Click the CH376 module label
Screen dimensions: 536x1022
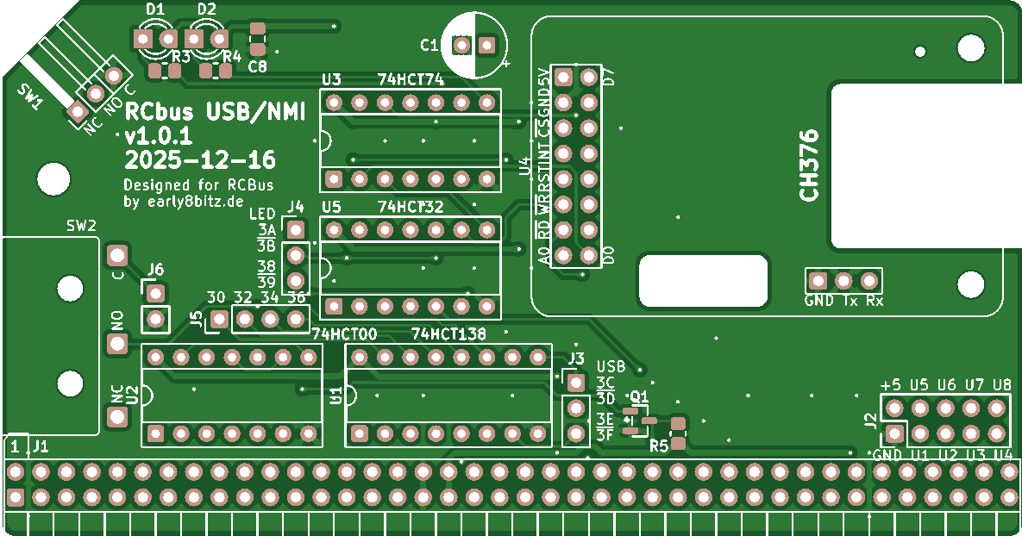pos(808,165)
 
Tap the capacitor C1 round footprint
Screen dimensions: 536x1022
pos(474,45)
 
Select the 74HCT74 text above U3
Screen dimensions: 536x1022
pos(411,80)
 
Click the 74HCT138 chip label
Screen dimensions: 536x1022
pos(448,333)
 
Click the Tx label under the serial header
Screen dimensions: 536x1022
pos(850,301)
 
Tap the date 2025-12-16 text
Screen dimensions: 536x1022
pos(200,159)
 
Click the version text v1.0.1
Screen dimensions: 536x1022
pos(159,136)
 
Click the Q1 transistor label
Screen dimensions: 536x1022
pos(639,396)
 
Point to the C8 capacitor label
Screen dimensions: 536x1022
pos(257,66)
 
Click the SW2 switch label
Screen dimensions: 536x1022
pos(81,226)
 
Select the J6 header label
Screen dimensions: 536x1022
pos(154,270)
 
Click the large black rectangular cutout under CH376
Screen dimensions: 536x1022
pos(703,281)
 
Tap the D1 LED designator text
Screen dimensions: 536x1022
pos(155,9)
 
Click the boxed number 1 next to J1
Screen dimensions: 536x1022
pos(15,446)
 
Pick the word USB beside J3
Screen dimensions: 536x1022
pos(611,366)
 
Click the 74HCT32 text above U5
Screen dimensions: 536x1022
pos(411,207)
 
